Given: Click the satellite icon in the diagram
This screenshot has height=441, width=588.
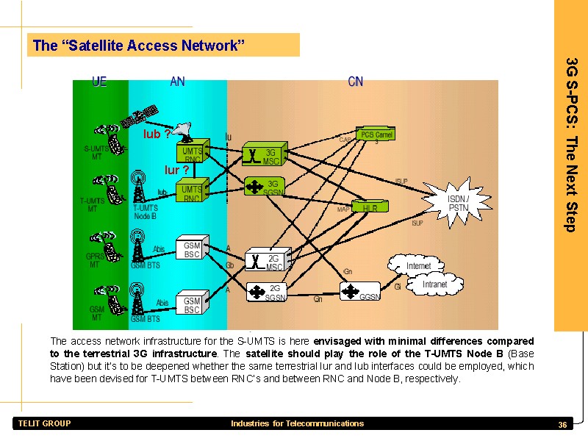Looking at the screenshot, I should tap(140, 116).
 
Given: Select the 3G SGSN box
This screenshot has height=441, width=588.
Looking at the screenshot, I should tap(264, 187).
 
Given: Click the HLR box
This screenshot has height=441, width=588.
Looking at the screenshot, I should tap(370, 208).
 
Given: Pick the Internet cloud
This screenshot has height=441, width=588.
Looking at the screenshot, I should tap(417, 265).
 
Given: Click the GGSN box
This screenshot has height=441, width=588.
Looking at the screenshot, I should tap(360, 293).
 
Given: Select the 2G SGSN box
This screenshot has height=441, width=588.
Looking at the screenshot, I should tap(265, 293).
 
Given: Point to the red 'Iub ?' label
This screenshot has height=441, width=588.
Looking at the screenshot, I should tap(157, 135).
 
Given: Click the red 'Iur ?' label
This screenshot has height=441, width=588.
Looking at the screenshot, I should tap(176, 170).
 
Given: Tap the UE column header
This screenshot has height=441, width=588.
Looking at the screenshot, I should tap(99, 82).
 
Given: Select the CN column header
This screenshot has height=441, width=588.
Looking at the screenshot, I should tap(355, 82).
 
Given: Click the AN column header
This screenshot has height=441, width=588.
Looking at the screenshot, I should tap(177, 82).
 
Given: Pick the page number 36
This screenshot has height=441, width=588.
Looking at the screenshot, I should tap(562, 425).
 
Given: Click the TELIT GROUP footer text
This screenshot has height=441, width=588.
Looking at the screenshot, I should tap(45, 423).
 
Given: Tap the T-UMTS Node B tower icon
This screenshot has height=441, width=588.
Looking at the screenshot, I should tap(137, 187).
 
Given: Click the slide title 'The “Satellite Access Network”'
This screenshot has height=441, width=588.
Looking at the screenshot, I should tap(138, 46).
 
